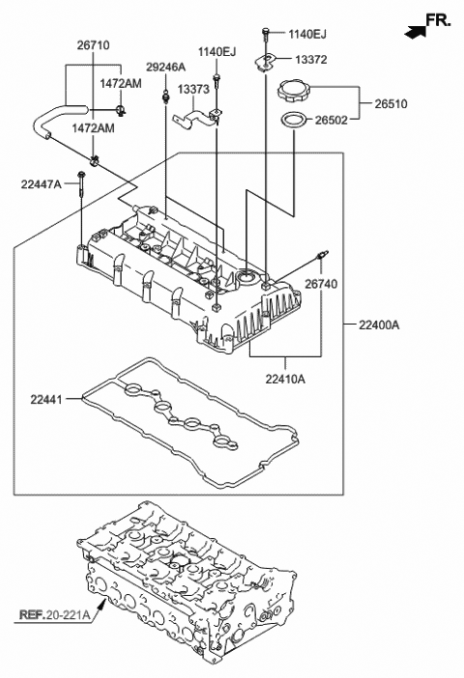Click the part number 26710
95,44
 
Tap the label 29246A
165,67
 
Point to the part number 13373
193,89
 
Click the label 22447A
41,182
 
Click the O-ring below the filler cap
295,121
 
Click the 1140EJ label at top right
307,35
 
